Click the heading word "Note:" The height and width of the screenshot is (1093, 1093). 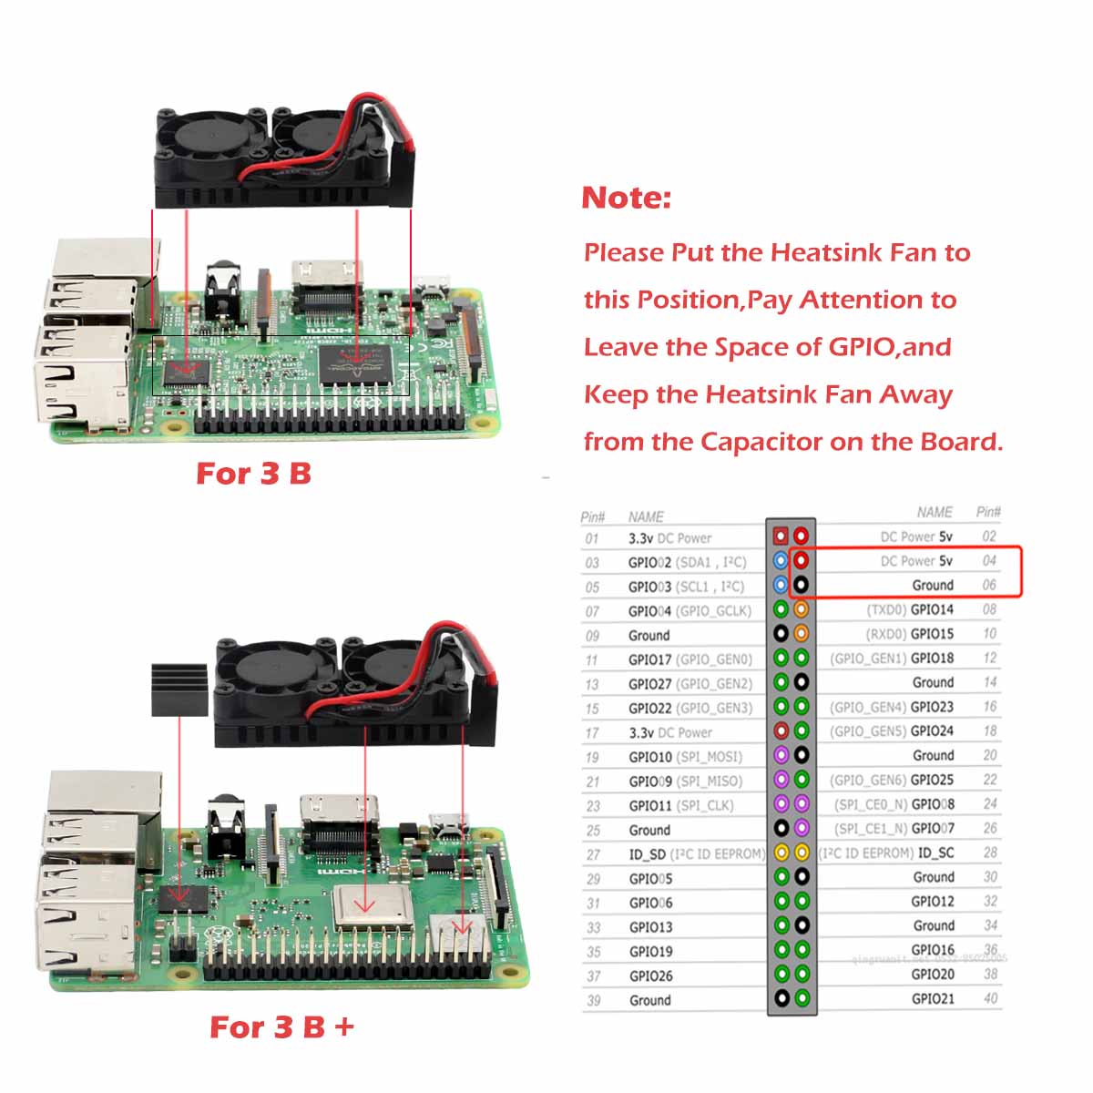coord(626,198)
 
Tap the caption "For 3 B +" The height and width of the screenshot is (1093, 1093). coord(281,1027)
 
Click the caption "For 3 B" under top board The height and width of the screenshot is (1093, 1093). coord(253,474)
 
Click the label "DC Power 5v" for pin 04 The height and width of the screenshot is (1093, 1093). coord(916,561)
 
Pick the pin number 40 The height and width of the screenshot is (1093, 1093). coord(990,998)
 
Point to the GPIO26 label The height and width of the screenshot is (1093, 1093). coord(650,976)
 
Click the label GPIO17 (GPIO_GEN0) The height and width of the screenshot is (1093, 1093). coord(690,659)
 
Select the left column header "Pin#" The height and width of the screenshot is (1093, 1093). coord(592,516)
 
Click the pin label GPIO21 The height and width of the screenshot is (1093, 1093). coord(933,998)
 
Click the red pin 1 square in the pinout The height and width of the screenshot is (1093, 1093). coord(781,536)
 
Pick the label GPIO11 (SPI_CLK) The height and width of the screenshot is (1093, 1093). coord(680,806)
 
